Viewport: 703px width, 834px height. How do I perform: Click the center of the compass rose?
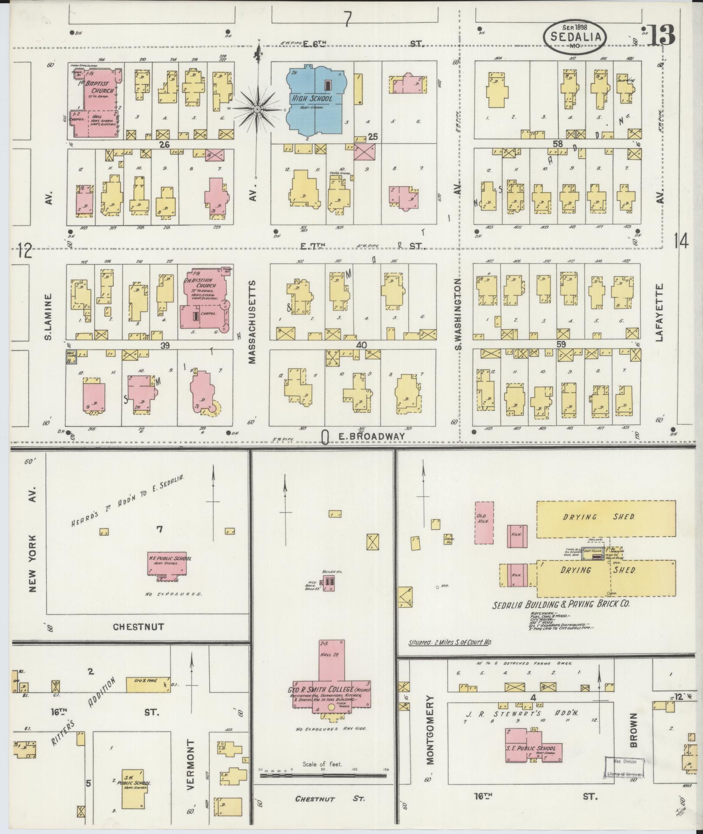(257, 108)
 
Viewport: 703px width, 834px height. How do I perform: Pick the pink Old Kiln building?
(484, 523)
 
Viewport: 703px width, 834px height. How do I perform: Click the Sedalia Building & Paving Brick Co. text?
(561, 605)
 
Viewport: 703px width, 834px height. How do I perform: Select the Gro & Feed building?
(148, 684)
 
